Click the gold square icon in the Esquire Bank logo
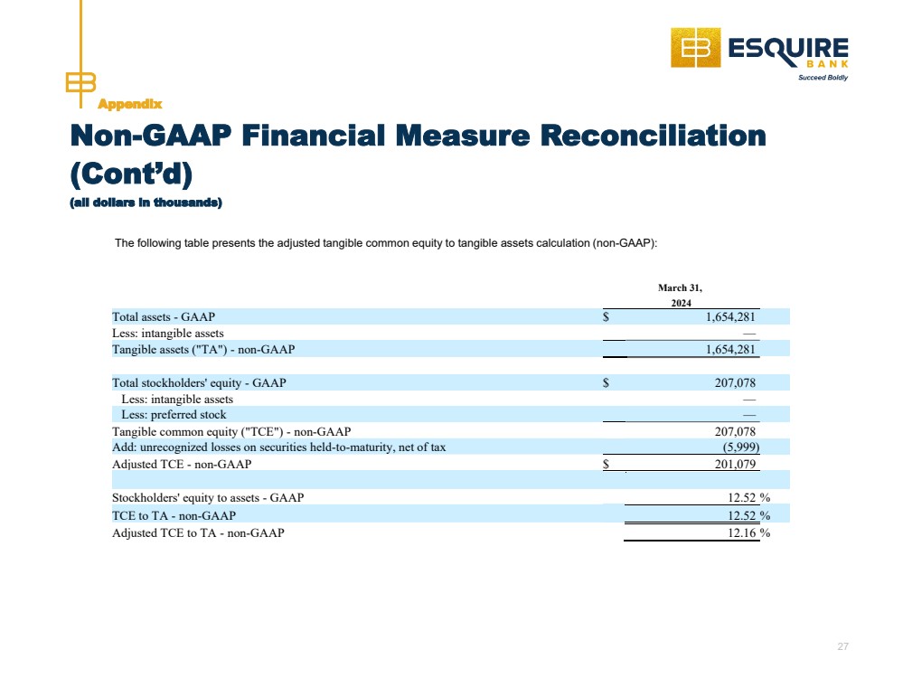(x=696, y=48)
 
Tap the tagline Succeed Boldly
(x=823, y=78)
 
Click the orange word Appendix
(x=129, y=104)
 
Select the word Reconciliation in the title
(x=653, y=136)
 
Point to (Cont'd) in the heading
(x=131, y=174)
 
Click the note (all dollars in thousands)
(x=146, y=202)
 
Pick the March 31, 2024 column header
(x=681, y=295)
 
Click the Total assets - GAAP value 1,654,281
(x=730, y=316)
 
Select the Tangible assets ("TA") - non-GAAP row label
(x=203, y=350)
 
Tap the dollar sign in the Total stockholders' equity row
(x=606, y=382)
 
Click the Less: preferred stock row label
(x=174, y=415)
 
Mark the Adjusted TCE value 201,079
(x=735, y=465)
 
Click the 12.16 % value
(x=748, y=532)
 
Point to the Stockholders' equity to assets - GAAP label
(x=208, y=498)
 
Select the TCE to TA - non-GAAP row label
(x=174, y=515)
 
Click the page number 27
(x=842, y=646)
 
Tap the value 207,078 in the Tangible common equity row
(x=735, y=431)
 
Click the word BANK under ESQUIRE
(x=827, y=64)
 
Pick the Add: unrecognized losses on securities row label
(x=278, y=447)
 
